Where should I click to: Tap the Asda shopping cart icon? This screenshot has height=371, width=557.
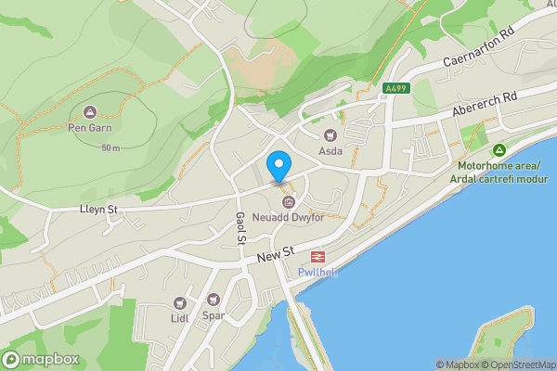(x=327, y=134)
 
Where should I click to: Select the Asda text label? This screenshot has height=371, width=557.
(x=330, y=150)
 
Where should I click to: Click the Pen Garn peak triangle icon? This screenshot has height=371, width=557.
(x=89, y=112)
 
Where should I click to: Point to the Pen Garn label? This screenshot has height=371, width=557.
(x=89, y=128)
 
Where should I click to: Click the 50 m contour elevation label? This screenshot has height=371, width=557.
(x=111, y=148)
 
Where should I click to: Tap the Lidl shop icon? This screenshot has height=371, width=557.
(x=179, y=303)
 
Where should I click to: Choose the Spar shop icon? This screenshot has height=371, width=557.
(x=214, y=300)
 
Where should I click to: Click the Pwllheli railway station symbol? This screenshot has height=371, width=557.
(x=317, y=256)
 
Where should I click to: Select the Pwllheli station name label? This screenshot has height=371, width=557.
(x=317, y=272)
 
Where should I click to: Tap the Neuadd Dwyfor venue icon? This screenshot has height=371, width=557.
(x=288, y=201)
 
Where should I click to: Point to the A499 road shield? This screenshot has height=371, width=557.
(x=394, y=89)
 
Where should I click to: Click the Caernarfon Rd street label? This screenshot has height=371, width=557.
(x=479, y=47)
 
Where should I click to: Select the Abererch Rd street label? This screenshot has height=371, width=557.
(x=484, y=103)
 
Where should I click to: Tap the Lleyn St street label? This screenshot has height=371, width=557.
(x=98, y=211)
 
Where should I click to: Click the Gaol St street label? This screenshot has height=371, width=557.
(x=240, y=227)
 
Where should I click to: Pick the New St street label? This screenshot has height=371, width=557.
(x=276, y=252)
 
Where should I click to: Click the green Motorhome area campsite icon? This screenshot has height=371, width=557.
(x=499, y=150)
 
